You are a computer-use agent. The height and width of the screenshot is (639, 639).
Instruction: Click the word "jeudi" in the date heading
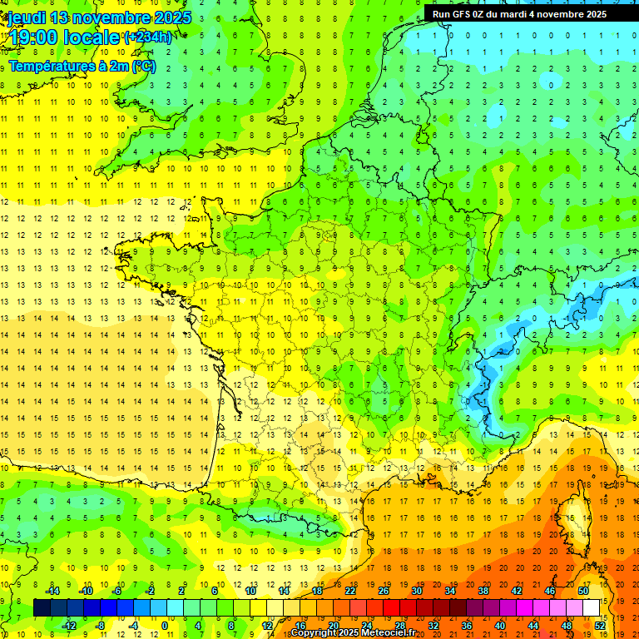coord(26,17)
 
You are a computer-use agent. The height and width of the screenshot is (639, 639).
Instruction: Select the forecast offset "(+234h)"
coord(148,37)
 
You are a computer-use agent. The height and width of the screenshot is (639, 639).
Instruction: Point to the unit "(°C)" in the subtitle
coord(143,66)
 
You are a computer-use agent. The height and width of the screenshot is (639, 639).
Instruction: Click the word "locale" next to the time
coord(95,37)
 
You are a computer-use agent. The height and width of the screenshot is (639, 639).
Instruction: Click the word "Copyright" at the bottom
coord(315,633)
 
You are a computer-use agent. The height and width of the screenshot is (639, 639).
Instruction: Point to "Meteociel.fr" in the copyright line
coord(388,633)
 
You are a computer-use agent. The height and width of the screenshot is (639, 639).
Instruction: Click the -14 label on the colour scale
coord(52,591)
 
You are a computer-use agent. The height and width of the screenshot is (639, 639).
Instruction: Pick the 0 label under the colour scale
coord(164,626)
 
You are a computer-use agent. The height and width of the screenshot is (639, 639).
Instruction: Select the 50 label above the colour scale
coord(582,591)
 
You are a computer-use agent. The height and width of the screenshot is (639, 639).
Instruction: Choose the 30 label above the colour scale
coord(416,591)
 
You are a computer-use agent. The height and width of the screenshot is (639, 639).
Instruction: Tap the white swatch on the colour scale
coord(591,608)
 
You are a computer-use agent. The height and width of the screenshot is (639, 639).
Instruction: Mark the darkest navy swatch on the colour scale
coord(42,608)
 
